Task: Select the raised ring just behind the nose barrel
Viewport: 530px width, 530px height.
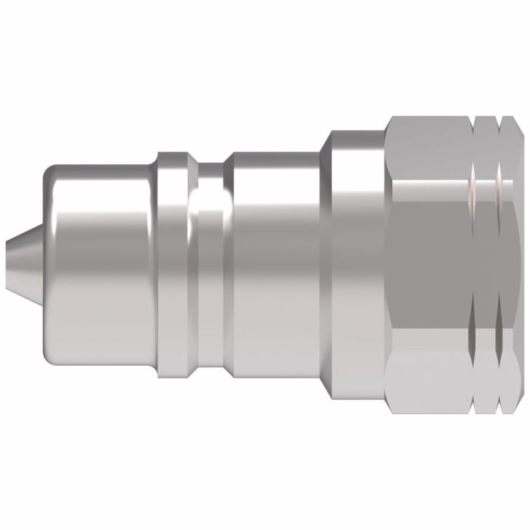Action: (173, 261)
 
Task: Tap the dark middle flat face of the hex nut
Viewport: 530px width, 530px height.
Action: (428, 261)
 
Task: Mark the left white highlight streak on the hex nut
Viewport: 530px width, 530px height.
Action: (473, 182)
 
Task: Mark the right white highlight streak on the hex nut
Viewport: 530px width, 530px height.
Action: (500, 182)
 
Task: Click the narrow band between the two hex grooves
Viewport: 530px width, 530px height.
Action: (486, 261)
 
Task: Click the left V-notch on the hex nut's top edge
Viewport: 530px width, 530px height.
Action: (474, 120)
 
